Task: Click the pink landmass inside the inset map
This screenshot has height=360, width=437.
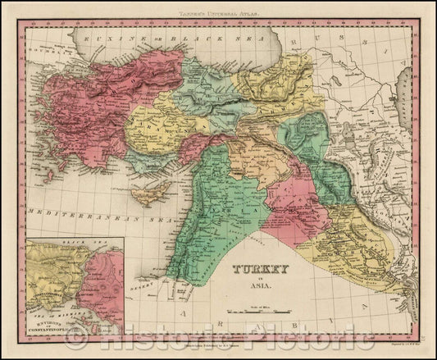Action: click(102, 287)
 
